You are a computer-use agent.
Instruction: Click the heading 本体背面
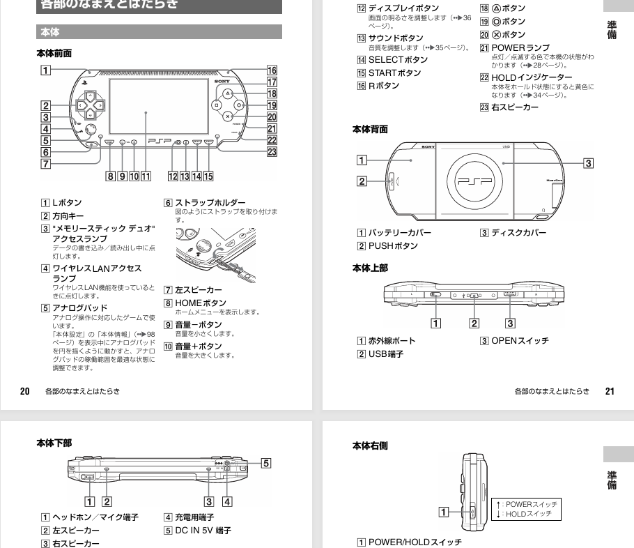coord(370,129)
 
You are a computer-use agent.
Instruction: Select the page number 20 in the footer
coord(24,391)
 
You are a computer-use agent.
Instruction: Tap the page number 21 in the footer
coord(610,391)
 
